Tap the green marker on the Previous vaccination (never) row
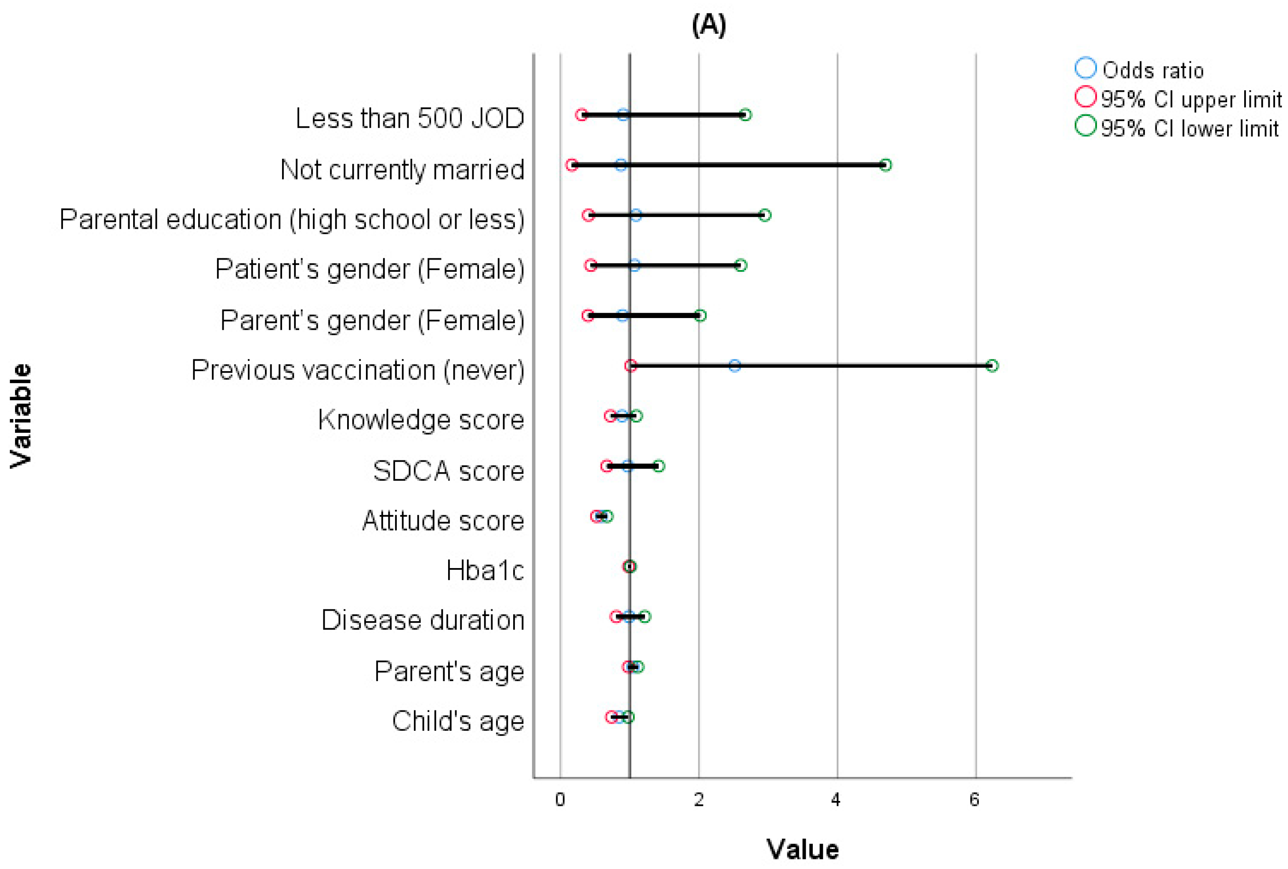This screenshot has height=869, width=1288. (992, 366)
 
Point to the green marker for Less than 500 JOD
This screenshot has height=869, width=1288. (745, 115)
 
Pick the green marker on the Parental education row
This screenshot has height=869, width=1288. (764, 215)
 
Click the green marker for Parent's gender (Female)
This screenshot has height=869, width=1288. (700, 316)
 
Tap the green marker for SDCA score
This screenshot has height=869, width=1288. (658, 466)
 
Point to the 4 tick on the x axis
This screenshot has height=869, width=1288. (836, 799)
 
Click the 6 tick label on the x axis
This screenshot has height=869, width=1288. (974, 799)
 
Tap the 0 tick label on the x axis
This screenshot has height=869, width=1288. (560, 799)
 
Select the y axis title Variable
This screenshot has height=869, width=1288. (21, 416)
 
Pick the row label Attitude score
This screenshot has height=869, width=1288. (443, 521)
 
